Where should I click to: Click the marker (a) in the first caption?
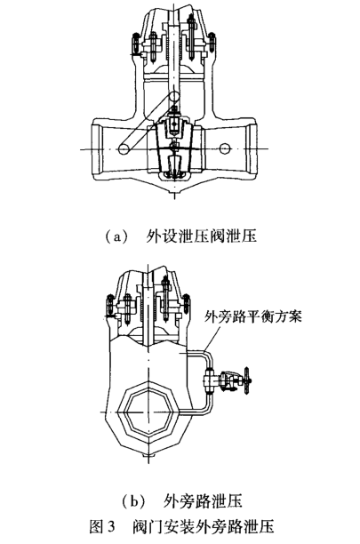[x=116, y=236]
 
